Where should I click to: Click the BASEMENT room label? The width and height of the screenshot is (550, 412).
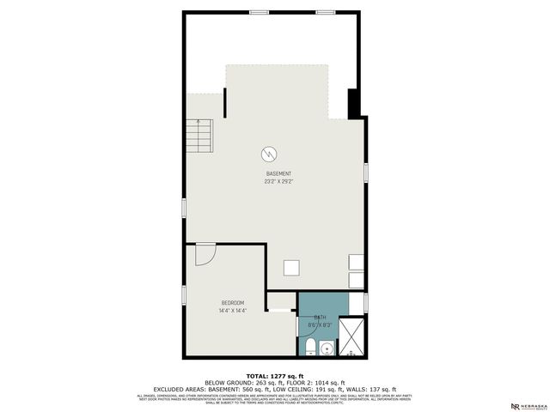pyautogui.click(x=278, y=173)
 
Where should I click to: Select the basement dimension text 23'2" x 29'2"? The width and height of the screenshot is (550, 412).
pyautogui.click(x=278, y=181)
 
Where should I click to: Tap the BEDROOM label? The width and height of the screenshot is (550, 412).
pyautogui.click(x=233, y=302)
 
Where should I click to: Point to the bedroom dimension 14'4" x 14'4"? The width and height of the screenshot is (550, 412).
pyautogui.click(x=233, y=310)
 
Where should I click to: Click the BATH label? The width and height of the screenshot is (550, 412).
pyautogui.click(x=320, y=317)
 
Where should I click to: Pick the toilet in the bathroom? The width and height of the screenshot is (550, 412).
pyautogui.click(x=310, y=347)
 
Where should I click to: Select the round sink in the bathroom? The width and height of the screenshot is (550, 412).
pyautogui.click(x=327, y=348)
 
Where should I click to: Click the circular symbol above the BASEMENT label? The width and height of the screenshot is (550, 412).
pyautogui.click(x=269, y=154)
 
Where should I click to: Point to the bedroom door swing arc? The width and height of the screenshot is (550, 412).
pyautogui.click(x=205, y=254)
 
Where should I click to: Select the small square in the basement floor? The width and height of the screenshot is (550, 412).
pyautogui.click(x=292, y=268)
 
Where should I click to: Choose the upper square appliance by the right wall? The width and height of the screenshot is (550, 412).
pyautogui.click(x=356, y=262)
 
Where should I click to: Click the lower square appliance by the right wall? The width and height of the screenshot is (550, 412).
pyautogui.click(x=356, y=280)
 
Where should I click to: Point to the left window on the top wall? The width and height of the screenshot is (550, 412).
pyautogui.click(x=257, y=11)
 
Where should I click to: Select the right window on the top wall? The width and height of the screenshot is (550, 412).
pyautogui.click(x=325, y=11)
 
